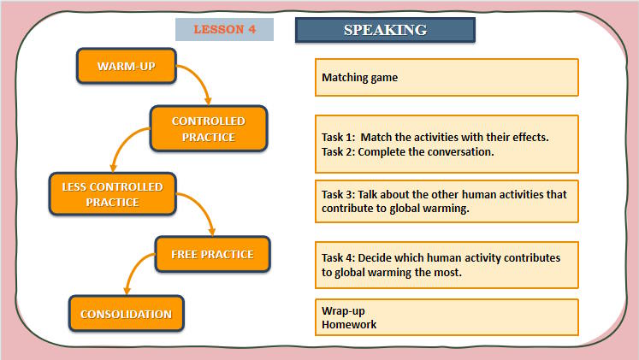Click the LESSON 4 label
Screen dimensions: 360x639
click(224, 29)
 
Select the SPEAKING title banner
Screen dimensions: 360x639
click(385, 30)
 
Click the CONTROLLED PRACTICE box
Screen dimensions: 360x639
click(208, 129)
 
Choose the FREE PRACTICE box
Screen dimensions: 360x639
click(211, 255)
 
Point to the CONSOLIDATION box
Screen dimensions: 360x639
click(126, 314)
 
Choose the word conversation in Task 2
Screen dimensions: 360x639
click(459, 151)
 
